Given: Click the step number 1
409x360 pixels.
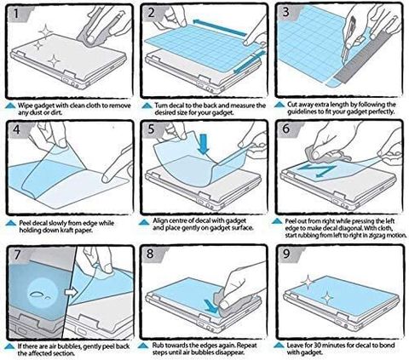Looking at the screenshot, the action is [x=16, y=13].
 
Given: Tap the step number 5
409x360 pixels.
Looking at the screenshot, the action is [x=151, y=129].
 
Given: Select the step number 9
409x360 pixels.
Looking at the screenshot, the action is [x=286, y=254].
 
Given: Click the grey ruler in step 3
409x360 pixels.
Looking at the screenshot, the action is [x=366, y=58].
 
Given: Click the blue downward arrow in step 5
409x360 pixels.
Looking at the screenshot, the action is [x=204, y=144].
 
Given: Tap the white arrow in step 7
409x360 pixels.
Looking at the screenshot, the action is [x=71, y=292].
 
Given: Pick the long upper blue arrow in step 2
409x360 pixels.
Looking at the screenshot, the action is [x=220, y=28].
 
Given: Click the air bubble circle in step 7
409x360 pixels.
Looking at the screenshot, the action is [x=43, y=294].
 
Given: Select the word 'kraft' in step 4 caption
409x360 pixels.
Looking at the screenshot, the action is [x=69, y=231].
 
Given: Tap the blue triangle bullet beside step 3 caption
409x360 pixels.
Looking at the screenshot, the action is [x=279, y=105].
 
